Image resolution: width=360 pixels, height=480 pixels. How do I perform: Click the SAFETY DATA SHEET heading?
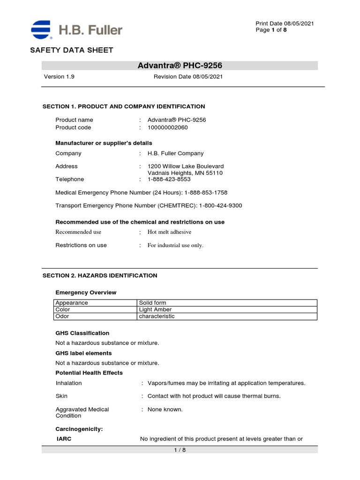[71, 50]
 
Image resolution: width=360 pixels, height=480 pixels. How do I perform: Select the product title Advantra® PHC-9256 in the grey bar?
[180, 66]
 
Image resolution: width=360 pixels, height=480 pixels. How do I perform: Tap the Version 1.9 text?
[59, 77]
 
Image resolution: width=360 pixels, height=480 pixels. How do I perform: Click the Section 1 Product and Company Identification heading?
[124, 106]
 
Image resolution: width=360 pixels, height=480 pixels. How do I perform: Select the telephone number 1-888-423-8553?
[169, 179]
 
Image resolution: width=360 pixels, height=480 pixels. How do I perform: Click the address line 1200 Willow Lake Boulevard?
[186, 166]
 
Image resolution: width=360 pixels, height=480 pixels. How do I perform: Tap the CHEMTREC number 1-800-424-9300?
[221, 205]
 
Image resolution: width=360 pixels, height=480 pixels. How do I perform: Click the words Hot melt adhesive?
[169, 232]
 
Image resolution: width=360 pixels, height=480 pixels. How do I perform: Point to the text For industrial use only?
[175, 245]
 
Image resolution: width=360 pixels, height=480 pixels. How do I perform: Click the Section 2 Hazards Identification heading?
[100, 276]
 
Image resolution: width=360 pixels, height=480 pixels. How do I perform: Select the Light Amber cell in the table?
[156, 310]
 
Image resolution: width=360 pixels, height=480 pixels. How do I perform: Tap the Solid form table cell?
[153, 303]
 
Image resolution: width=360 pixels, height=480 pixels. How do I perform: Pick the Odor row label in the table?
[62, 316]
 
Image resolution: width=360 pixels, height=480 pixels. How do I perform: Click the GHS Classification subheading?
[82, 333]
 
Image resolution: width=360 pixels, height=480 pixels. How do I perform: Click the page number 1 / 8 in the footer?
[180, 450]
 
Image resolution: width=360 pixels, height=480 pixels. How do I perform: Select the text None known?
[165, 409]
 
